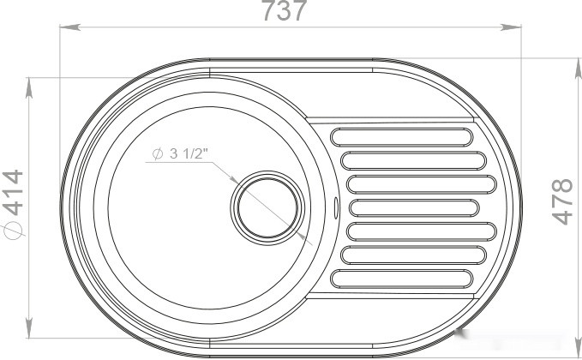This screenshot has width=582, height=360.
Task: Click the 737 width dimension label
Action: [285, 10]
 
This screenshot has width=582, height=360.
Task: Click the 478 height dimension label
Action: [562, 202]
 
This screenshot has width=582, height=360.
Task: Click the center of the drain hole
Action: [267, 207]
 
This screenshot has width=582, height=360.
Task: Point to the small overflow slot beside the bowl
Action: [336, 207]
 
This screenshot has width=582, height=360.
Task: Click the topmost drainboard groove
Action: [402, 137]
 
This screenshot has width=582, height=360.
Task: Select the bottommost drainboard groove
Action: [402, 279]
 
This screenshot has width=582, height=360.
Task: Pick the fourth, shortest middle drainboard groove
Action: [414, 207]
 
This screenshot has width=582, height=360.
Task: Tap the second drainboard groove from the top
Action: [413, 160]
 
